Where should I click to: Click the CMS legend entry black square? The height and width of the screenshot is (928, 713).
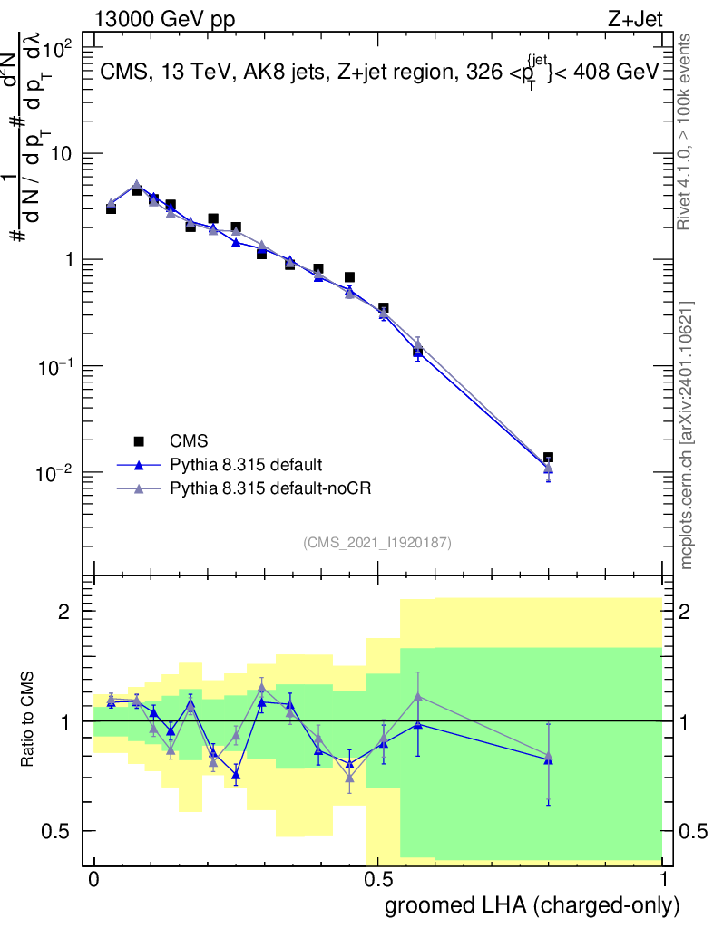click(139, 441)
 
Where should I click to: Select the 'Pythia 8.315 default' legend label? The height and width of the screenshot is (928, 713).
click(245, 465)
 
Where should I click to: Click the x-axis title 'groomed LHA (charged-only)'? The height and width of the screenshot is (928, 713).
click(532, 904)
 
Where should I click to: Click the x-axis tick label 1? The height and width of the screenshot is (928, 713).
click(662, 880)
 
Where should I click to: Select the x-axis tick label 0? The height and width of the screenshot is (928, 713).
click(94, 880)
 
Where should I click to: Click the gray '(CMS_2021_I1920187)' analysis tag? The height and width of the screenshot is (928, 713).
click(377, 543)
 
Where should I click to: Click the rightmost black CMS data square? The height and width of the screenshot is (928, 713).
click(548, 458)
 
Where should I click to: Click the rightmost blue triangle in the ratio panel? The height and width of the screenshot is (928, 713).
click(548, 759)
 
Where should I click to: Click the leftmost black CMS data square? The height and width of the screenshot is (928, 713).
click(111, 208)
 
